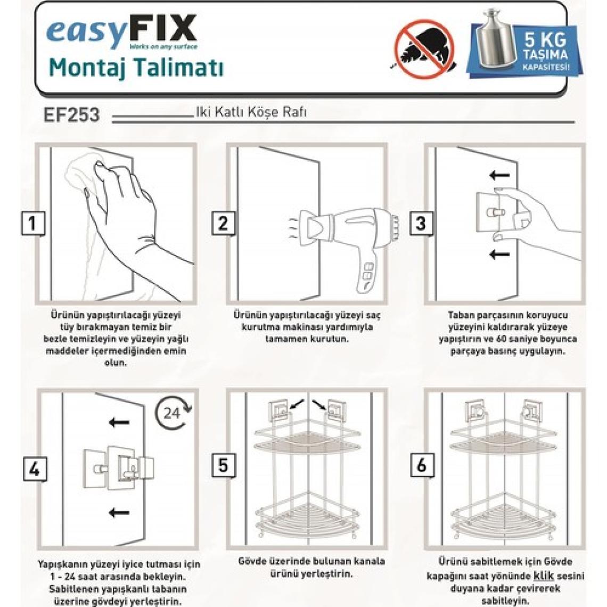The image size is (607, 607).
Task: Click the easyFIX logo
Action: click(x=122, y=32)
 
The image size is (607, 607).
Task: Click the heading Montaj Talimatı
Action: click(x=136, y=68)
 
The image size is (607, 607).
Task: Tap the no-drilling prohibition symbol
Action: click(x=424, y=49)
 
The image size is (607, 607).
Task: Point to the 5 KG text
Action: click(x=545, y=39)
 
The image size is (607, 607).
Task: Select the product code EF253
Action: click(x=72, y=115)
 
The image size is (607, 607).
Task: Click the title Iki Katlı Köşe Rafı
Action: click(x=251, y=112)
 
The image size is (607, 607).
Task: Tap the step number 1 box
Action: click(x=33, y=224)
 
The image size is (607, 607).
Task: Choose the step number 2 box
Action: click(x=224, y=224)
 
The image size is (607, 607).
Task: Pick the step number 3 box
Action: click(x=421, y=224)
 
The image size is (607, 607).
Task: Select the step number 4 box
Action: click(x=35, y=469)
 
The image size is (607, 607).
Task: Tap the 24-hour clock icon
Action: click(x=173, y=413)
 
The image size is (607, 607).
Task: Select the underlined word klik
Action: click(x=544, y=576)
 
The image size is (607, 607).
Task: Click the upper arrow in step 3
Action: click(x=500, y=175)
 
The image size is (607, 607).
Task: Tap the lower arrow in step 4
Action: click(x=119, y=513)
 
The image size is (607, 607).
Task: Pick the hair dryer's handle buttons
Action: click(x=369, y=272)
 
